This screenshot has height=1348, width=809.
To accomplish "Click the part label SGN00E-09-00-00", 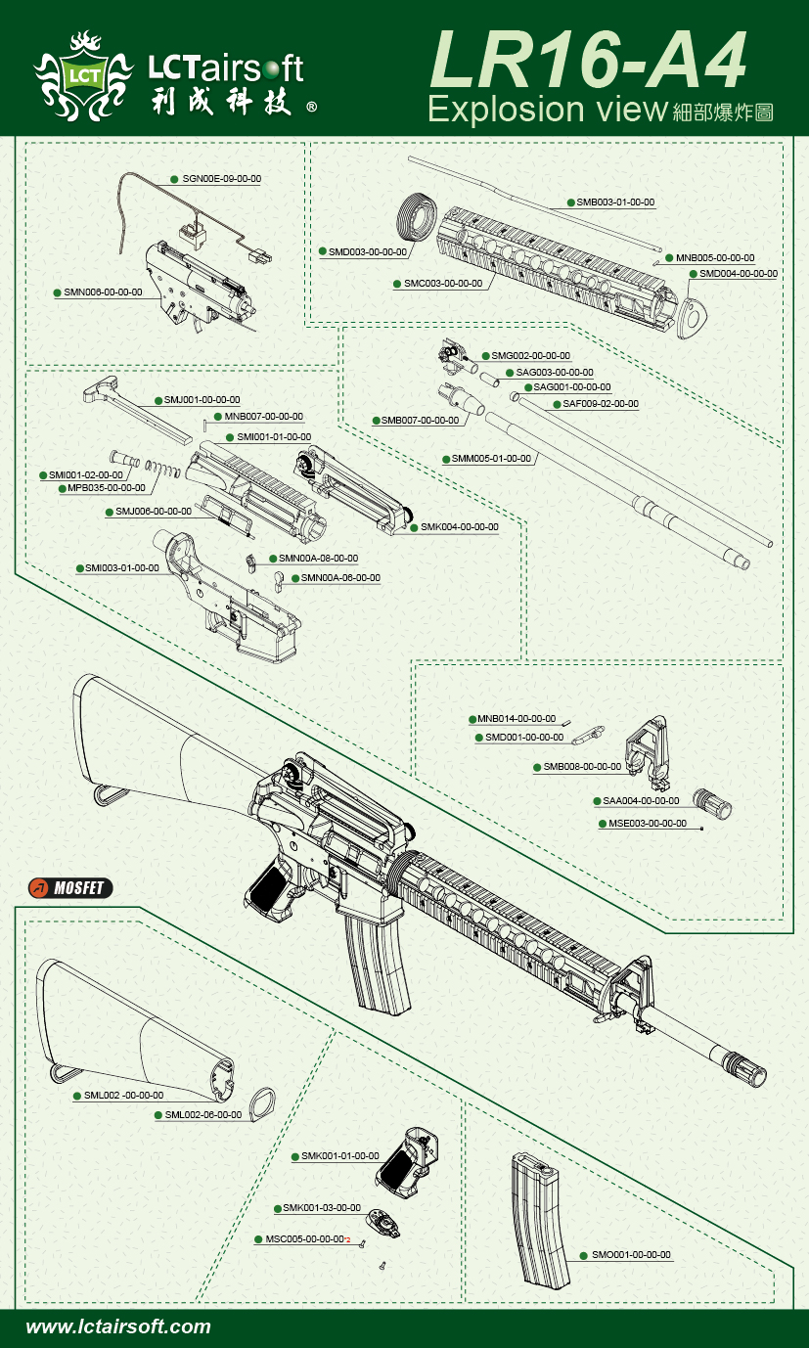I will (221, 179).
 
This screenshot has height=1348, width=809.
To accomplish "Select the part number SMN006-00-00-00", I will (104, 292).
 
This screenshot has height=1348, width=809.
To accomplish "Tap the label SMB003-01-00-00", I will (615, 202).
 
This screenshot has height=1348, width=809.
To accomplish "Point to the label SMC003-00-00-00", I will (443, 284).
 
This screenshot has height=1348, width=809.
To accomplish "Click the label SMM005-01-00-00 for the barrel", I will (491, 459).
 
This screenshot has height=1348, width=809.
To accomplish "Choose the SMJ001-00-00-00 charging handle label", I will (202, 400).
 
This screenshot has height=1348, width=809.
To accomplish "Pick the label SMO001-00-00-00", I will (632, 1255).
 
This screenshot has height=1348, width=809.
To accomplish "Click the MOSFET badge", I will (70, 888).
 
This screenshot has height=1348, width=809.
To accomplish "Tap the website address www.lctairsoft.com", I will (117, 1327).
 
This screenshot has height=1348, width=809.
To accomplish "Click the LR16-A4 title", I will (588, 63).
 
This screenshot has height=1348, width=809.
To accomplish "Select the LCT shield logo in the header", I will (82, 73).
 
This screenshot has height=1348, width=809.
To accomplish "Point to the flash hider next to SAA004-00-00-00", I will (713, 802).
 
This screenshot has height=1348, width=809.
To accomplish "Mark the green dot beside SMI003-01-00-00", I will (79, 568).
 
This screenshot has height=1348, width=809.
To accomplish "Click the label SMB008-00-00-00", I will (582, 768).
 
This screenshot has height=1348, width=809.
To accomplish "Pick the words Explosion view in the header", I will (547, 110).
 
